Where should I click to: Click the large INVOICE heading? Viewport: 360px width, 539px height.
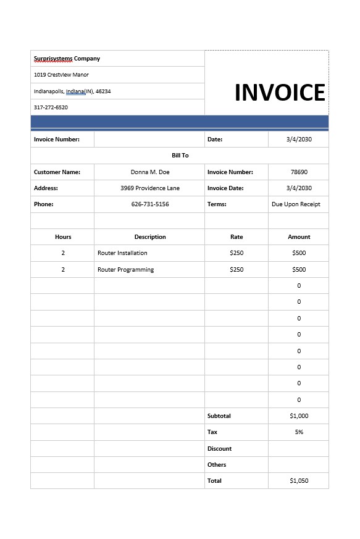[280, 93]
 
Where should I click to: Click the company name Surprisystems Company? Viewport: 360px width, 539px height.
[67, 59]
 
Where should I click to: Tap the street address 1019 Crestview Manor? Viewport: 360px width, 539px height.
[61, 75]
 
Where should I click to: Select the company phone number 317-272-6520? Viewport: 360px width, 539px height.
[51, 107]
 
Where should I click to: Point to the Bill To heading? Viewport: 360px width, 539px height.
[180, 156]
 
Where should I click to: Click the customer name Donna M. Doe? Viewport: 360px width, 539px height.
[150, 172]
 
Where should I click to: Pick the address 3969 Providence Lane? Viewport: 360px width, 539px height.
[150, 188]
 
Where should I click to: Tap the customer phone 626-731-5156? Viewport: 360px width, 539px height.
[150, 204]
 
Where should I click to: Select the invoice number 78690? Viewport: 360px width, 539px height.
[299, 172]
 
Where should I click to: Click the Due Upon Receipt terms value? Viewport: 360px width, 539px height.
[296, 204]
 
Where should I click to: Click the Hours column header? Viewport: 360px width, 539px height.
[63, 237]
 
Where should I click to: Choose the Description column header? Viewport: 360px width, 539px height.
[150, 237]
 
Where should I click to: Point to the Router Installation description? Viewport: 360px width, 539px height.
[122, 253]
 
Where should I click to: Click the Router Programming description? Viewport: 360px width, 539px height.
[125, 270]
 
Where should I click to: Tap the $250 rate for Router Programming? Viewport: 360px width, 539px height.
[237, 270]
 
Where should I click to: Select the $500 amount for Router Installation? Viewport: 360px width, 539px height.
[299, 253]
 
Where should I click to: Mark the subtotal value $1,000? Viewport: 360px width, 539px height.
[299, 416]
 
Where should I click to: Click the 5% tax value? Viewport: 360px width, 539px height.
[299, 432]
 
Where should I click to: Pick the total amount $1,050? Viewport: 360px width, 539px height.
[299, 481]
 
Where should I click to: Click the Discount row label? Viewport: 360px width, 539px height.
[219, 449]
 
